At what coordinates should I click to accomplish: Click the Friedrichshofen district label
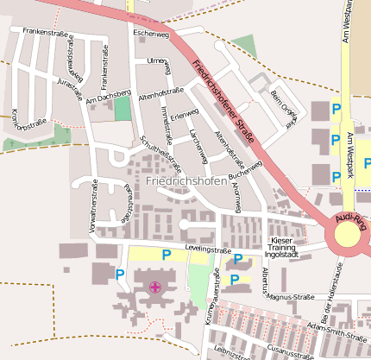pos(187,181)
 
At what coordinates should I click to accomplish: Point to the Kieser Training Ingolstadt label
pos(282,247)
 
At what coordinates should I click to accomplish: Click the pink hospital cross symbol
pos(155,287)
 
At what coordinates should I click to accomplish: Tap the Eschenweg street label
pos(151,33)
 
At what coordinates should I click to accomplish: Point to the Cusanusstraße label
pos(290,353)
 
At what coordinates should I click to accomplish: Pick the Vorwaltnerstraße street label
pos(92,207)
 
